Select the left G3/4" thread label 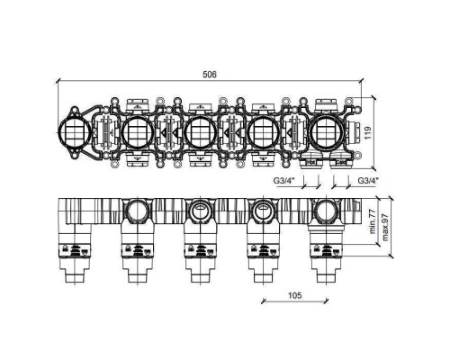pos(284,180)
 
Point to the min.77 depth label pos(371,219)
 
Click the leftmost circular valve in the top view pos(72,135)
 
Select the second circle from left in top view pos(137,135)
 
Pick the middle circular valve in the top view pos(199,135)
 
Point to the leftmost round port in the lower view pos(137,212)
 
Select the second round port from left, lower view pos(199,212)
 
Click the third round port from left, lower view pos(262,212)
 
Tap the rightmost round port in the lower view pos(325,212)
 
